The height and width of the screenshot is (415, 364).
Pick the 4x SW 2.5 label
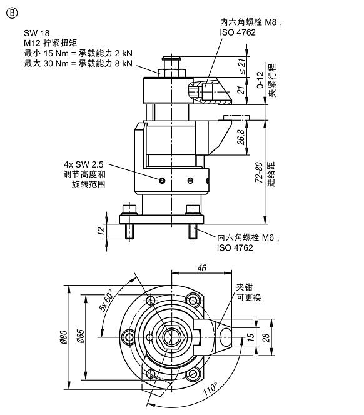click(84, 166)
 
